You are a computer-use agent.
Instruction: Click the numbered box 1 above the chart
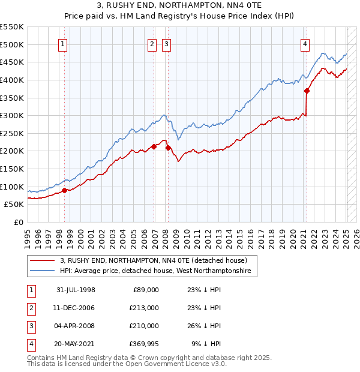[63, 43]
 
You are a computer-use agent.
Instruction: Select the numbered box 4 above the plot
[305, 43]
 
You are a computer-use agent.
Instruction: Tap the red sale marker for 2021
[307, 91]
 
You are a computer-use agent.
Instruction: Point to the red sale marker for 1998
[65, 191]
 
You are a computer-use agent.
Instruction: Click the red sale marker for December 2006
[154, 146]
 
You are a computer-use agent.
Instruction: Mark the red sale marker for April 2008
[168, 148]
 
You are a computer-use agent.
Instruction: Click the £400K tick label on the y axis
[12, 80]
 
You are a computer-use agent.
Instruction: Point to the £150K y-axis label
[12, 169]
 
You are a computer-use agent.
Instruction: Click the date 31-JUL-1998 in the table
[76, 290]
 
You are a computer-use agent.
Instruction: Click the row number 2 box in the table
[30, 308]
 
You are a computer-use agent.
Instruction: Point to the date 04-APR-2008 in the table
[76, 326]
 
